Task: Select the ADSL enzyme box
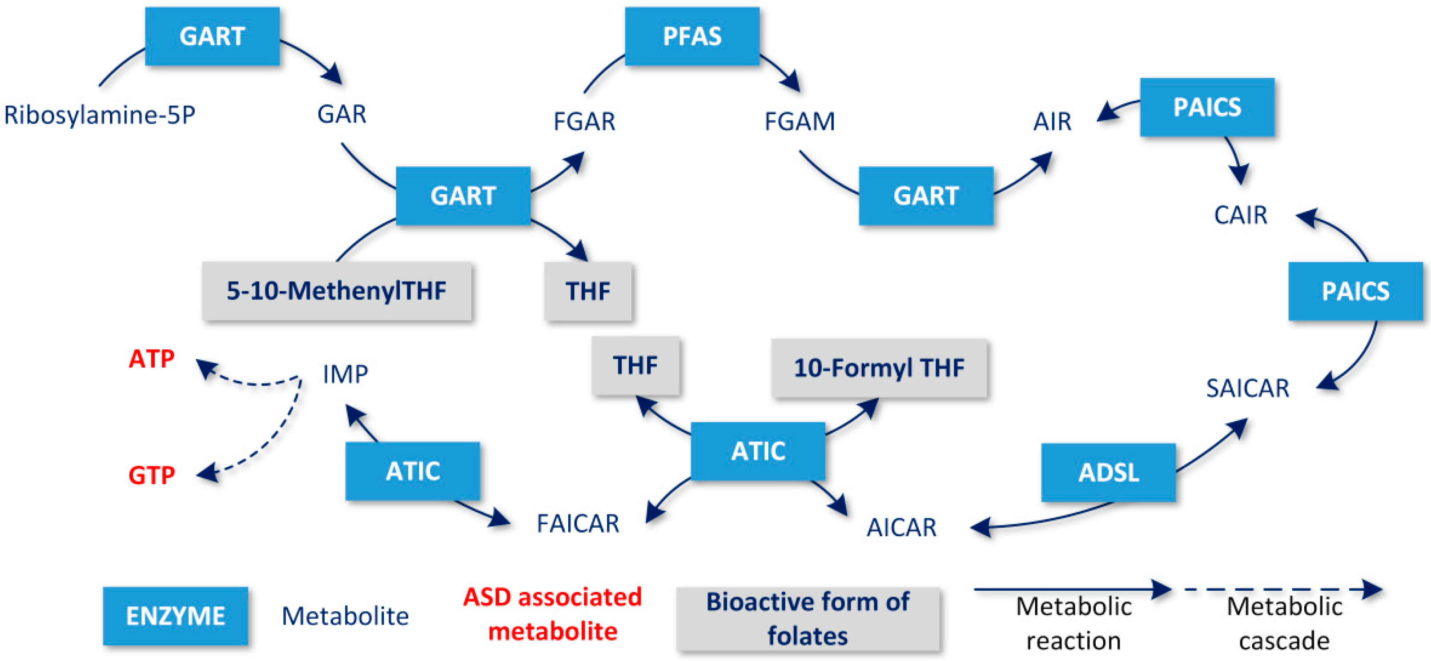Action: point(1108,473)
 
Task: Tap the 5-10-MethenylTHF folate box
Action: point(337,291)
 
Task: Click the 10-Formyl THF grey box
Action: point(879,368)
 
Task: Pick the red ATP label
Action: point(152,359)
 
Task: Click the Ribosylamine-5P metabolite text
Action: point(100,115)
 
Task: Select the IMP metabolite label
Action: point(345,374)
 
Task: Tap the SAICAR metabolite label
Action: point(1247,388)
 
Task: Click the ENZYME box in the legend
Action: point(176,616)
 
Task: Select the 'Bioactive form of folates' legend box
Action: point(807,619)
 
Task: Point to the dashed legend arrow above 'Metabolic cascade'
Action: point(1283,589)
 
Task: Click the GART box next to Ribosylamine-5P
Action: point(212,36)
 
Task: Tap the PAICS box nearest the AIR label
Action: point(1206,107)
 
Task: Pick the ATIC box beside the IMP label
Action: point(412,471)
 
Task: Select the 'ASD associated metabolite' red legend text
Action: point(552,614)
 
